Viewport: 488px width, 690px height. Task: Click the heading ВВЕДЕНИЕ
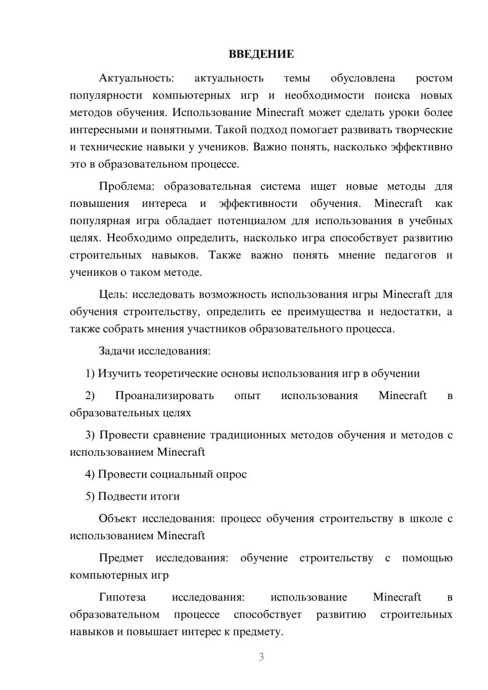261,54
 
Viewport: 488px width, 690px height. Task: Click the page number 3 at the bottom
261,657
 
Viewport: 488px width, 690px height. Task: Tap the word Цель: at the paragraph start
114,294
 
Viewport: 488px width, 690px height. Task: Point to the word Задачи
117,351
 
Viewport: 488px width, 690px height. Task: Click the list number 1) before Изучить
90,373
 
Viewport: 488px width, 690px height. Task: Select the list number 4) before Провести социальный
90,474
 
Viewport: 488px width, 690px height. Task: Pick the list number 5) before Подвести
90,496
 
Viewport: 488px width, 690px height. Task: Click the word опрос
231,474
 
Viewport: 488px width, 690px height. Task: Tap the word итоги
165,496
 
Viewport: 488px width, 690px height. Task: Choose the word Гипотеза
122,597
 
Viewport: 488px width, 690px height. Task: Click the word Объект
118,519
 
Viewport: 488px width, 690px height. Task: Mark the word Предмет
121,558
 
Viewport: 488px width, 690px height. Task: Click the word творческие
425,130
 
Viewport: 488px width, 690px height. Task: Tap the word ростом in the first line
434,78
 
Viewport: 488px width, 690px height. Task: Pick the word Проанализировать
164,396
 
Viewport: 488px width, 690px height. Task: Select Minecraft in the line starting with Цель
407,294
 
